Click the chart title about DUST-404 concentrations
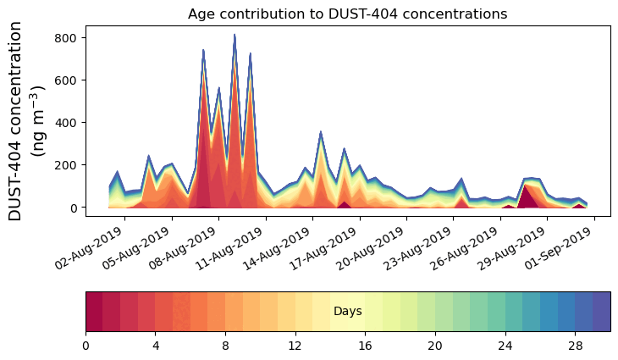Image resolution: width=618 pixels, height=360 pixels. [347, 14]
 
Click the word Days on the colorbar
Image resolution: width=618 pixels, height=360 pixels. [348, 312]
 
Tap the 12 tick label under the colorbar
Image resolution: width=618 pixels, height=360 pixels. [295, 346]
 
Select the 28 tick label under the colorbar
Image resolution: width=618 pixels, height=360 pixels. [576, 346]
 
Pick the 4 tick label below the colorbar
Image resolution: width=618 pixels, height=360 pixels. [156, 346]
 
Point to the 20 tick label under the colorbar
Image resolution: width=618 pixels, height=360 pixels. [435, 346]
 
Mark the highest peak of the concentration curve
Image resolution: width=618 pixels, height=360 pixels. [235, 35]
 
